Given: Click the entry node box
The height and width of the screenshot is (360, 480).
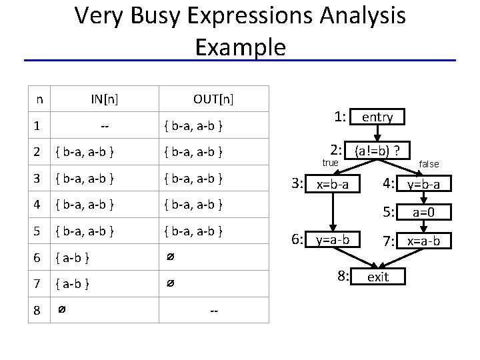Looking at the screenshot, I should point(377,117).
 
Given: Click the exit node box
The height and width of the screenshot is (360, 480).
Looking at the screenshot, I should point(377,276).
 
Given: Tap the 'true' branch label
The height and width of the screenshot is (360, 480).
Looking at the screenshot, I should point(331,163).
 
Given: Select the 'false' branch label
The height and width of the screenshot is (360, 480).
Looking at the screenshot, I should point(429,163).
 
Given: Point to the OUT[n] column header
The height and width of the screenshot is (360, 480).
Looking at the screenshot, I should point(213,100).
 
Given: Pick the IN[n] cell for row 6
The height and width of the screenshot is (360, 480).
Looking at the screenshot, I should point(74,257).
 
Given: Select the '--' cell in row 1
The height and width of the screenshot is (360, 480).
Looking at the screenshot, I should point(105,125).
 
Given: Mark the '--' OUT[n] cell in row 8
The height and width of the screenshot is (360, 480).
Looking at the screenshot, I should point(213,311).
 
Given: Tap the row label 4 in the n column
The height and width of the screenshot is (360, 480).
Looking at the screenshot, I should point(41,204).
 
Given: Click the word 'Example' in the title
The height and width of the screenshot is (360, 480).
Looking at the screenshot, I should point(240,47).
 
